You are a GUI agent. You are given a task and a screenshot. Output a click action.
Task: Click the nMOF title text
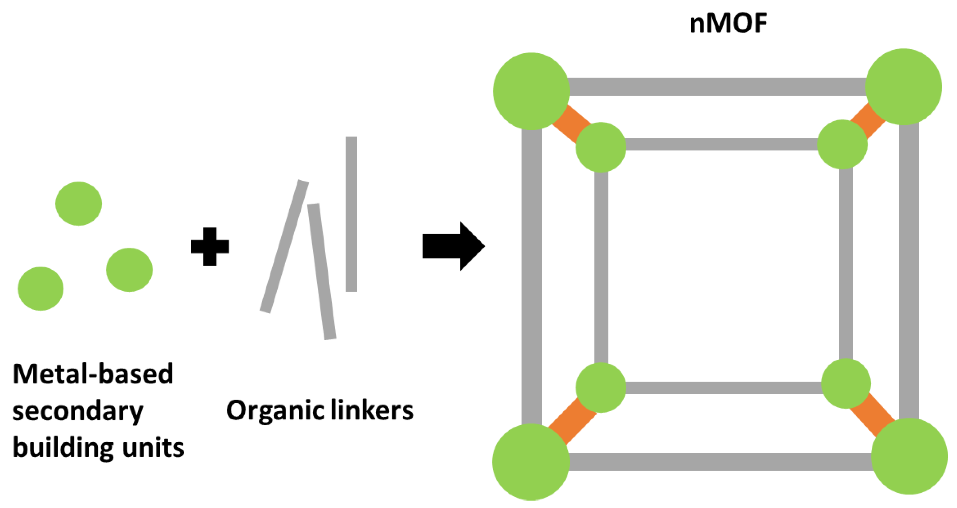(x=728, y=23)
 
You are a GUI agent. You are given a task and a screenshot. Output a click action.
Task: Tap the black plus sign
(x=210, y=246)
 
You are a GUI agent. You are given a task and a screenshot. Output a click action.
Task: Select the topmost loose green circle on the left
(x=79, y=204)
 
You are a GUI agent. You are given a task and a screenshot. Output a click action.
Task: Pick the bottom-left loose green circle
(x=40, y=288)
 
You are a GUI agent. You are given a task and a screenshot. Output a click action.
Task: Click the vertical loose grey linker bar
(x=351, y=214)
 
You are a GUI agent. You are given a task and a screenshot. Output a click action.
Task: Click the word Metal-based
(x=93, y=374)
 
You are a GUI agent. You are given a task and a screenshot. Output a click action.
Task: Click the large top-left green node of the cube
(x=531, y=91)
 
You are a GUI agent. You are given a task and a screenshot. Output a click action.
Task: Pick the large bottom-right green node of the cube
(x=909, y=456)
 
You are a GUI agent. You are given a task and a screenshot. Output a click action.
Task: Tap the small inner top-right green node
(x=842, y=144)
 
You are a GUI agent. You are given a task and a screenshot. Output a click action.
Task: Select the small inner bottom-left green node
(x=601, y=387)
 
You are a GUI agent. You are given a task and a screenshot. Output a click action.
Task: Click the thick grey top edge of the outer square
(x=717, y=87)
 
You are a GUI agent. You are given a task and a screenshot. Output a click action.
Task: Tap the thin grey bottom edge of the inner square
(x=723, y=388)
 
